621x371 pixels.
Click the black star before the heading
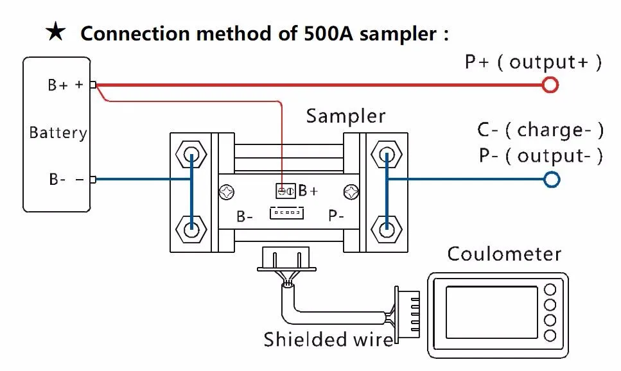(x=56, y=33)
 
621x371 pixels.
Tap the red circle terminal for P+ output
(x=550, y=84)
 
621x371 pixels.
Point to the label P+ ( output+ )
(x=533, y=62)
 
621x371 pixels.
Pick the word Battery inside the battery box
(x=58, y=134)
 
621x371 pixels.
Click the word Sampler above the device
(x=345, y=116)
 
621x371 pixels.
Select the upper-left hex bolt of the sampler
(x=191, y=155)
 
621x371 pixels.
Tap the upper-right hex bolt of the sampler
(x=386, y=155)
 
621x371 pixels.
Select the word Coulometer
(x=504, y=254)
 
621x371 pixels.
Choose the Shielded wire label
(x=328, y=339)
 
